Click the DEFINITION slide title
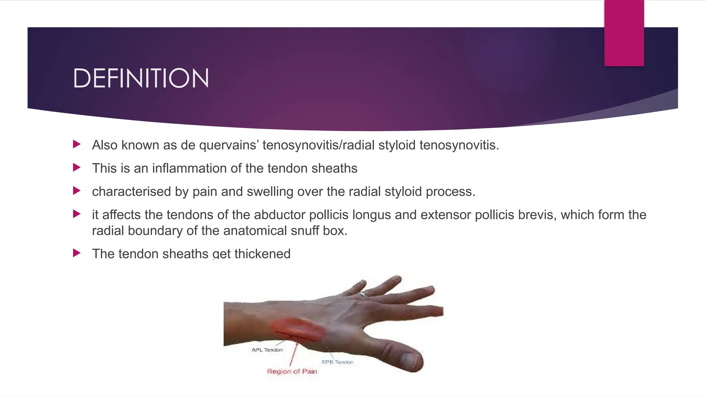click(141, 78)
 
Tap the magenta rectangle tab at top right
click(624, 33)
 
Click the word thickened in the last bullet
click(262, 254)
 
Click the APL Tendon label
click(267, 350)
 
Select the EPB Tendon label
click(337, 362)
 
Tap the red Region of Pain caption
click(292, 371)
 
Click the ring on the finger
click(363, 294)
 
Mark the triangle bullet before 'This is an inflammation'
click(77, 168)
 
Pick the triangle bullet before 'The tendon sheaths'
click(77, 253)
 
